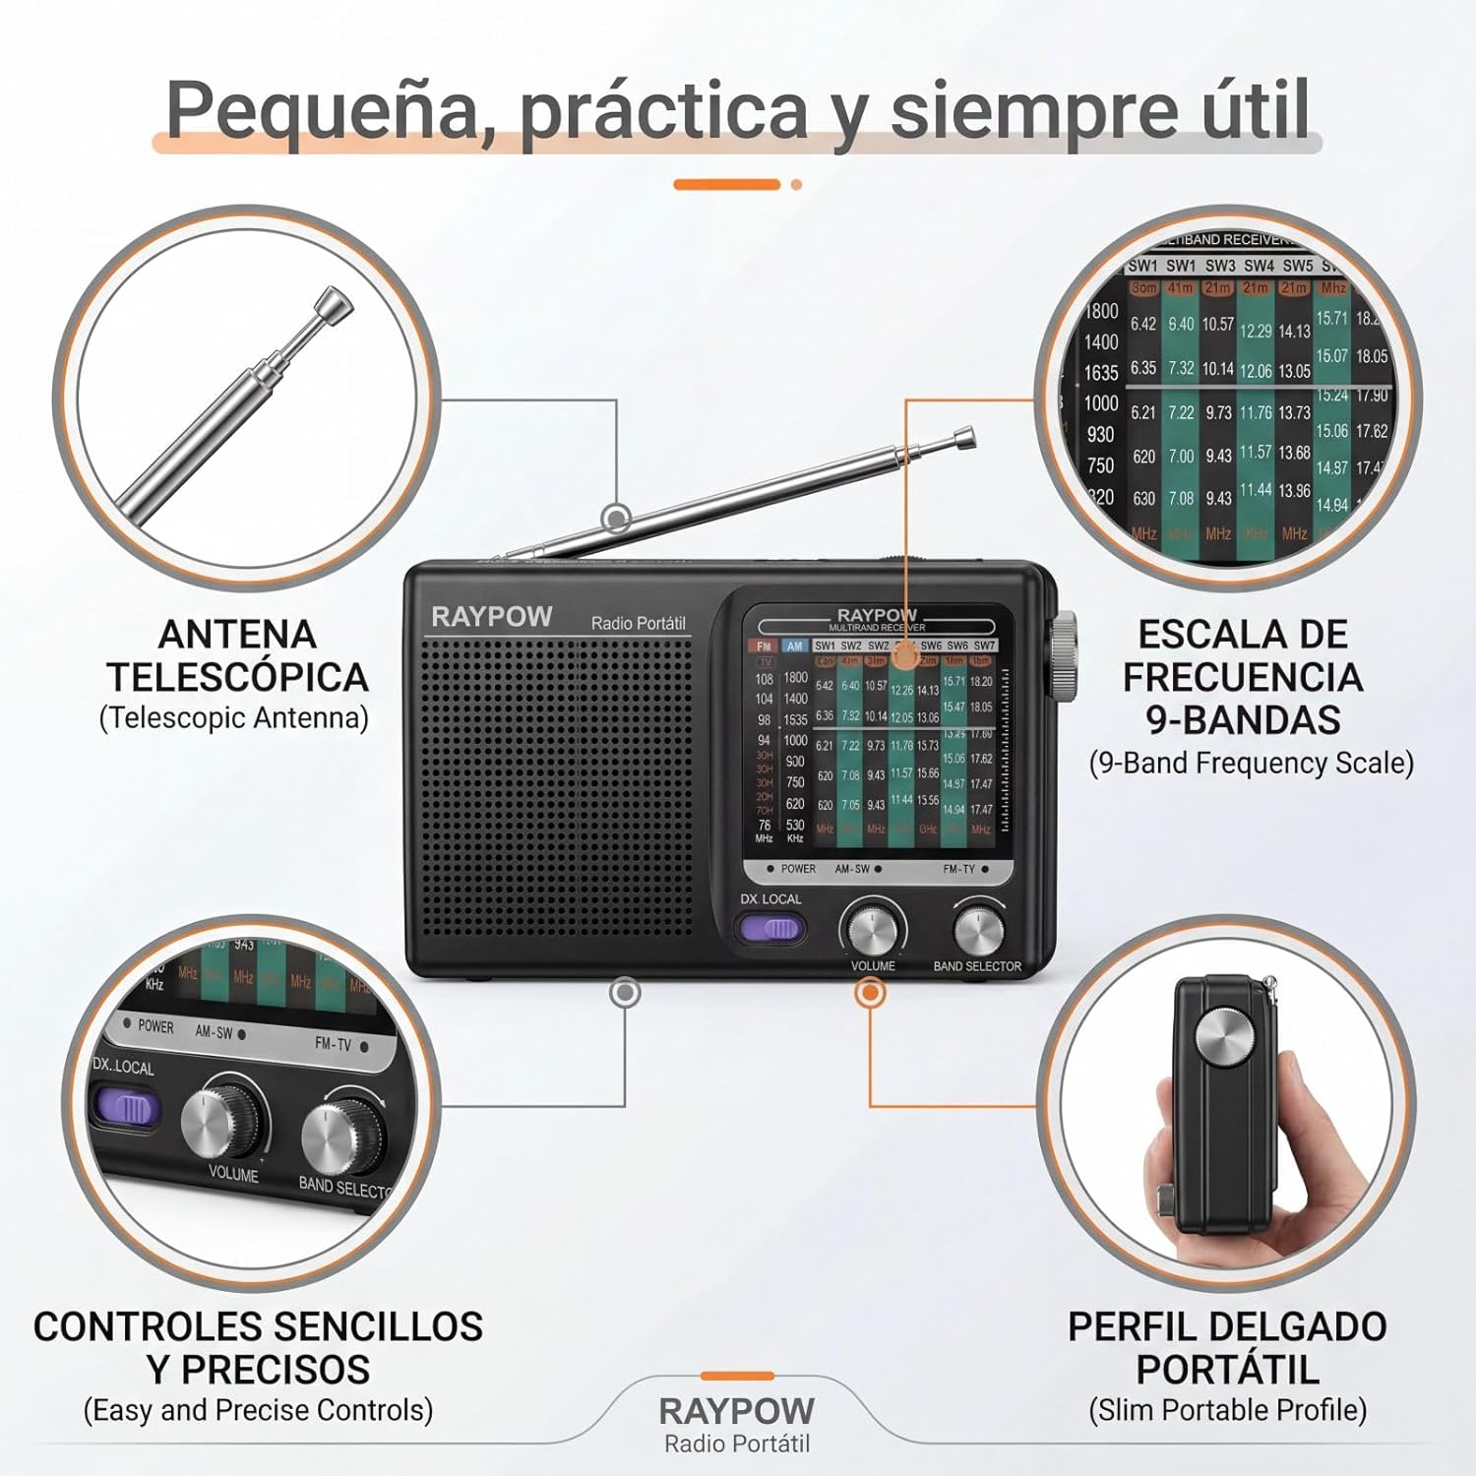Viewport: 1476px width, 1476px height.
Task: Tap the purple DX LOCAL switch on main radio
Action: [x=770, y=928]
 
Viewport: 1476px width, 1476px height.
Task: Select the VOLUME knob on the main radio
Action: [x=872, y=928]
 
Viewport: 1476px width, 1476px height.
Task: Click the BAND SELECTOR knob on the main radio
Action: [x=978, y=928]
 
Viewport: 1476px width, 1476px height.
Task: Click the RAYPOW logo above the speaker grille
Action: [x=491, y=617]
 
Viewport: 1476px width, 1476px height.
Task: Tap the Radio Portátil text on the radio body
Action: [x=638, y=623]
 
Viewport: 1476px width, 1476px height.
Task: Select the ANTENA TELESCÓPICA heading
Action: [x=236, y=655]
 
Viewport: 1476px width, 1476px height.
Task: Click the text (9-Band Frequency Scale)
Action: [x=1251, y=764]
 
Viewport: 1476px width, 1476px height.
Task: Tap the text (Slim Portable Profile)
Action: [x=1227, y=1410]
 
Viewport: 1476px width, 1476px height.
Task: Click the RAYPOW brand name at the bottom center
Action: [x=736, y=1411]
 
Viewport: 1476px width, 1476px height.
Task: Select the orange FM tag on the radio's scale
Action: [x=764, y=646]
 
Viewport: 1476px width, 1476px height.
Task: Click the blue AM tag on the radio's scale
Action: [x=794, y=646]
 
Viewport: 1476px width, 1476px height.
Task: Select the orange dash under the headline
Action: [x=726, y=184]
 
